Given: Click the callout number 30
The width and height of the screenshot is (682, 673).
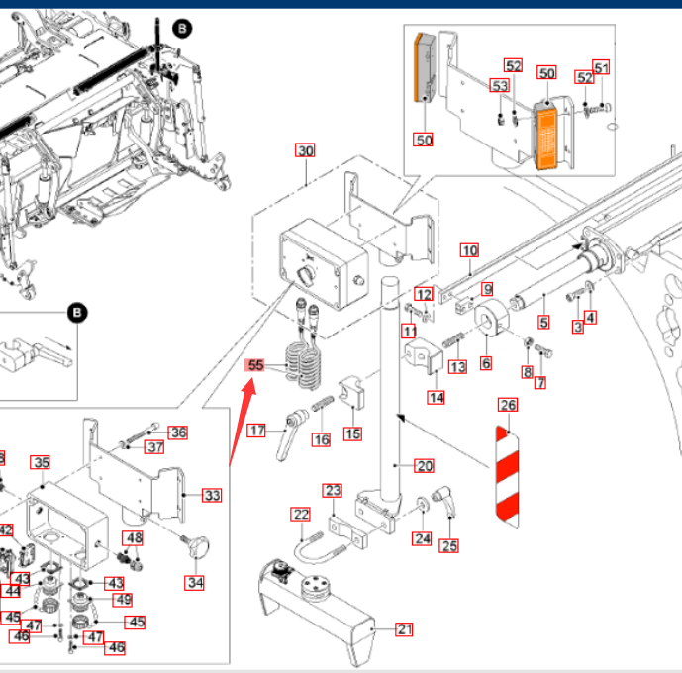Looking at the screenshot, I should [x=305, y=151].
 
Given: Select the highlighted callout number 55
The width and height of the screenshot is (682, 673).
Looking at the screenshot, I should [x=256, y=365].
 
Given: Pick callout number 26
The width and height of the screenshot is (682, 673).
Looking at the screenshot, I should [x=508, y=405].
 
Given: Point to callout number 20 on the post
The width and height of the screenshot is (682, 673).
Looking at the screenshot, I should [x=424, y=466].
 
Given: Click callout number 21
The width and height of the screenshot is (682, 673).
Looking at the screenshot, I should [x=404, y=628].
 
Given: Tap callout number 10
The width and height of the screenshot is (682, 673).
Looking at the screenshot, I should [x=469, y=250].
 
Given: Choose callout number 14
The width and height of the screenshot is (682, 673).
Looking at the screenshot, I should [x=437, y=398].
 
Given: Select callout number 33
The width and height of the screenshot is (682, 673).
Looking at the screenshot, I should [x=212, y=495].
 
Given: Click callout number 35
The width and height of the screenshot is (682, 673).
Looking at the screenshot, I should [x=41, y=462].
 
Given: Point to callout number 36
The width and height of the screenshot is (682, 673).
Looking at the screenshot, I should [x=177, y=433].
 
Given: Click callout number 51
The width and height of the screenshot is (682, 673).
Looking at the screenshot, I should [x=602, y=67].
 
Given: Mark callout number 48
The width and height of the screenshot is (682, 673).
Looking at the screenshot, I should [x=134, y=538].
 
